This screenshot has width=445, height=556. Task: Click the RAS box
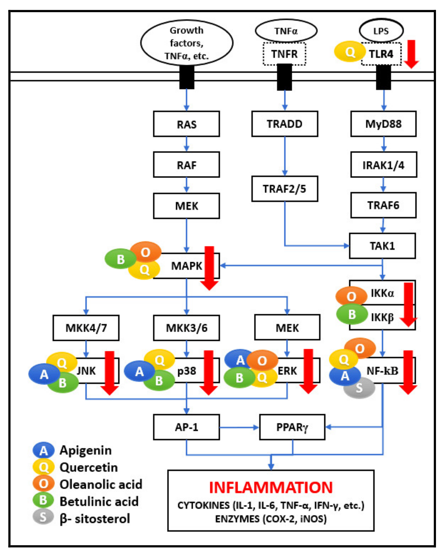click(186, 124)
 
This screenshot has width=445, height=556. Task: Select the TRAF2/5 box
click(284, 189)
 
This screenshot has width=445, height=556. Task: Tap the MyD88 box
click(383, 124)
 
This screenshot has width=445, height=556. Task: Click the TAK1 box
click(382, 246)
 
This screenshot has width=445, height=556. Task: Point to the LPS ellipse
click(381, 31)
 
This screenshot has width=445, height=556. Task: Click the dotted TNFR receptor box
click(284, 54)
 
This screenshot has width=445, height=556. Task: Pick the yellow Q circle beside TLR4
click(349, 51)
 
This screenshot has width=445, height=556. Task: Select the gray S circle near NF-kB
click(359, 388)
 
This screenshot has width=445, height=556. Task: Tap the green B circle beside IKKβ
click(352, 314)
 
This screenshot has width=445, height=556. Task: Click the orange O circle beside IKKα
click(351, 296)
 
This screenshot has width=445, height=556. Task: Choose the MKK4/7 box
click(86, 328)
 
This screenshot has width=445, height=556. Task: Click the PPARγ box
click(292, 427)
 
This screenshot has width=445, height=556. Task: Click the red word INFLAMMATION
click(271, 487)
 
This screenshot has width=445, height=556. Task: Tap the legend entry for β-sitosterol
click(94, 518)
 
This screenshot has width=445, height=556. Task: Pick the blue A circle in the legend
click(43, 450)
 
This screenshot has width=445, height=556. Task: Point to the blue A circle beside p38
click(139, 371)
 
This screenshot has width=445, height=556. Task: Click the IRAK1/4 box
click(383, 165)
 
